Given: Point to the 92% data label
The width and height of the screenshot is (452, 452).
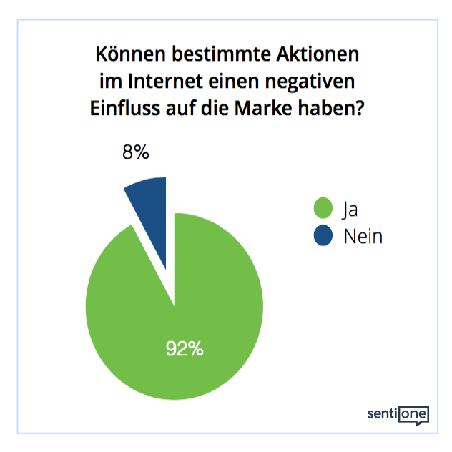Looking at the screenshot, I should pyautogui.click(x=185, y=349).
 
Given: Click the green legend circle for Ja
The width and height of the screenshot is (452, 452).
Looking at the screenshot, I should pyautogui.click(x=324, y=209).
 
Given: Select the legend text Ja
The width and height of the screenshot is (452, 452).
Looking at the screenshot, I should pyautogui.click(x=350, y=210).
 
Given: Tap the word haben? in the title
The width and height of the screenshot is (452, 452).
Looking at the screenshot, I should pyautogui.click(x=334, y=109).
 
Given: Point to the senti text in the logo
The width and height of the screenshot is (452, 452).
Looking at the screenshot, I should pyautogui.click(x=381, y=413).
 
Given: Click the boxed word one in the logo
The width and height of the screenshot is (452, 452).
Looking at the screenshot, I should pyautogui.click(x=414, y=413).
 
